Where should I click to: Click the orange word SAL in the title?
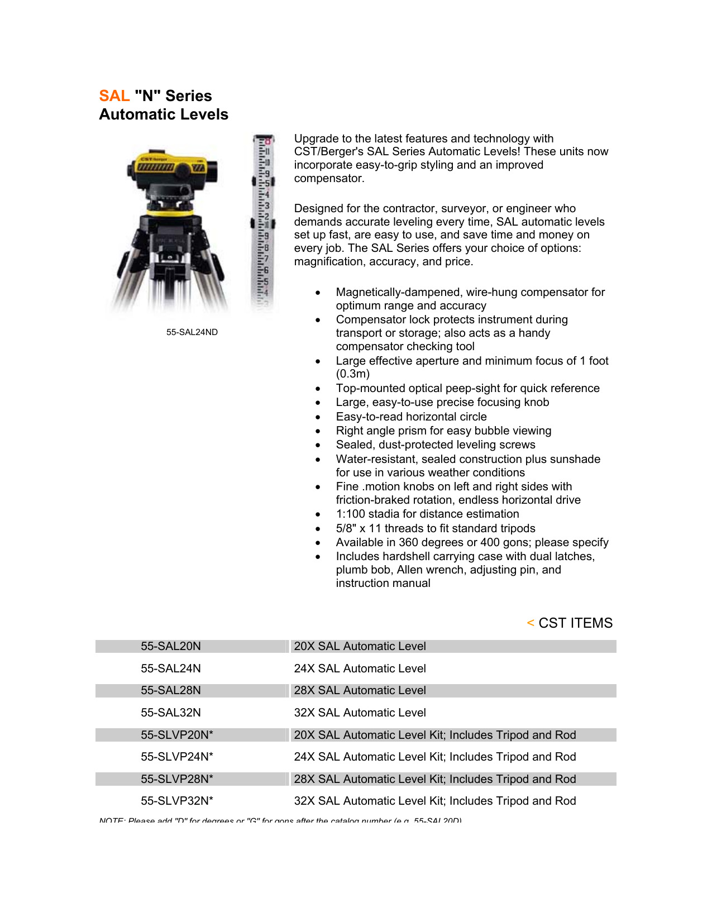[114, 96]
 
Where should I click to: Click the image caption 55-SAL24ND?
[192, 332]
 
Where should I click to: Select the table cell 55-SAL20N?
[170, 646]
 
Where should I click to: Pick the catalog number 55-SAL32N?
[170, 713]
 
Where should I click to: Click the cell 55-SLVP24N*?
[176, 757]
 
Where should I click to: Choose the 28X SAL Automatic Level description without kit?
[360, 690]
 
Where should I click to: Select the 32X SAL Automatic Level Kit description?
[434, 801]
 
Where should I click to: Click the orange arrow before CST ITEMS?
[530, 623]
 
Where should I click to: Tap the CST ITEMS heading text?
[575, 623]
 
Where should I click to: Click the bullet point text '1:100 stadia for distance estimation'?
[427, 514]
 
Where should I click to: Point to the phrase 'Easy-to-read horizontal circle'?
[411, 417]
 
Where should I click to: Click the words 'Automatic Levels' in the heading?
[164, 114]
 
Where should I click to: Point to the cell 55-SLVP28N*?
[176, 779]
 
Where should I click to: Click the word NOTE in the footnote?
[111, 820]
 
